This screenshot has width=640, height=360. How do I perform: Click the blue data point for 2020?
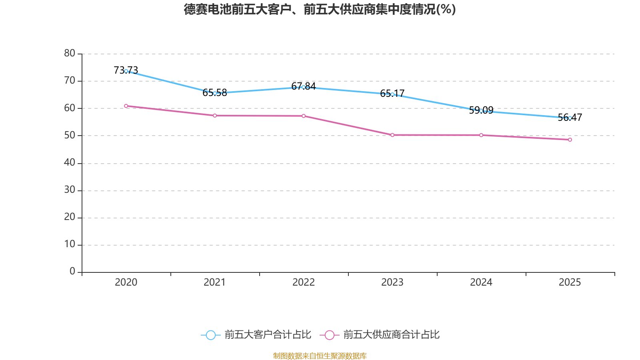pyautogui.click(x=126, y=71)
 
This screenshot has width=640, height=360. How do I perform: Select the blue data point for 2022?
pyautogui.click(x=304, y=87)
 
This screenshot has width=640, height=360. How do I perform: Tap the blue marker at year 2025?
pyautogui.click(x=570, y=118)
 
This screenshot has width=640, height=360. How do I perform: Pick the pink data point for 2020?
pyautogui.click(x=126, y=106)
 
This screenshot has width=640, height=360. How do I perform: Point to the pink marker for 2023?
pyautogui.click(x=392, y=135)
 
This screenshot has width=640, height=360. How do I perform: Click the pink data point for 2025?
pyautogui.click(x=570, y=140)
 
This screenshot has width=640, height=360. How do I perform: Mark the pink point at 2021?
pyautogui.click(x=215, y=116)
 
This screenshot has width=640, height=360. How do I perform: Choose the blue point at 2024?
pyautogui.click(x=481, y=111)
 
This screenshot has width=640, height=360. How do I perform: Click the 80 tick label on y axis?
pyautogui.click(x=70, y=53)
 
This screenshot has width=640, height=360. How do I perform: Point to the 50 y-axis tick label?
pyautogui.click(x=70, y=135)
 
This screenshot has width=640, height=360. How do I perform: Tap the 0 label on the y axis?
pyautogui.click(x=72, y=272)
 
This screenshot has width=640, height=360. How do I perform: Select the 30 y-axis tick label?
pyautogui.click(x=70, y=190)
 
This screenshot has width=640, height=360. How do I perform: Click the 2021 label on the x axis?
pyautogui.click(x=215, y=282)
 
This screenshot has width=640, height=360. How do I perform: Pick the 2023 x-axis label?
pyautogui.click(x=392, y=282)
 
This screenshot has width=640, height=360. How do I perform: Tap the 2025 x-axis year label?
pyautogui.click(x=570, y=282)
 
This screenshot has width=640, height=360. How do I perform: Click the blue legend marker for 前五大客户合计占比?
pyautogui.click(x=210, y=335)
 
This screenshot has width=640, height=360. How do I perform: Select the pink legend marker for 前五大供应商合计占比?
pyautogui.click(x=330, y=335)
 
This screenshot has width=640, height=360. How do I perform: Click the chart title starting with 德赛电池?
pyautogui.click(x=320, y=9)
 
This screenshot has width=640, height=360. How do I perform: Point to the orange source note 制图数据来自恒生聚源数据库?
pyautogui.click(x=320, y=356)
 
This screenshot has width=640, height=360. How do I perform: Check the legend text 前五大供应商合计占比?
pyautogui.click(x=391, y=335)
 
